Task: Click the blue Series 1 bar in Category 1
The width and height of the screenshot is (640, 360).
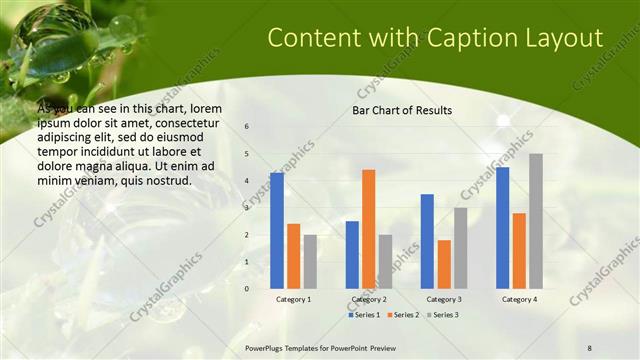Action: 277,230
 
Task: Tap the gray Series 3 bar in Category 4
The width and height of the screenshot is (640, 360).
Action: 536,221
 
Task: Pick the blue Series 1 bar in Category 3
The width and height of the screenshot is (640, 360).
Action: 427,241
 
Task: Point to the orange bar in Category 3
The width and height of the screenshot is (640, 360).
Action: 444,264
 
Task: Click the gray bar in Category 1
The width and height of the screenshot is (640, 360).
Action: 310,261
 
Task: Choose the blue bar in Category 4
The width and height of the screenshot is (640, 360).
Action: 502,227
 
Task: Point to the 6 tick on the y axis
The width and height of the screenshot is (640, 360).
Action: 247,127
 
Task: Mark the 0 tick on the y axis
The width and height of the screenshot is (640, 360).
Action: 247,288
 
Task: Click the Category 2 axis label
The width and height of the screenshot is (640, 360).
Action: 368,299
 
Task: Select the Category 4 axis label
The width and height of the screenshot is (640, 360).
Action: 519,299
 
